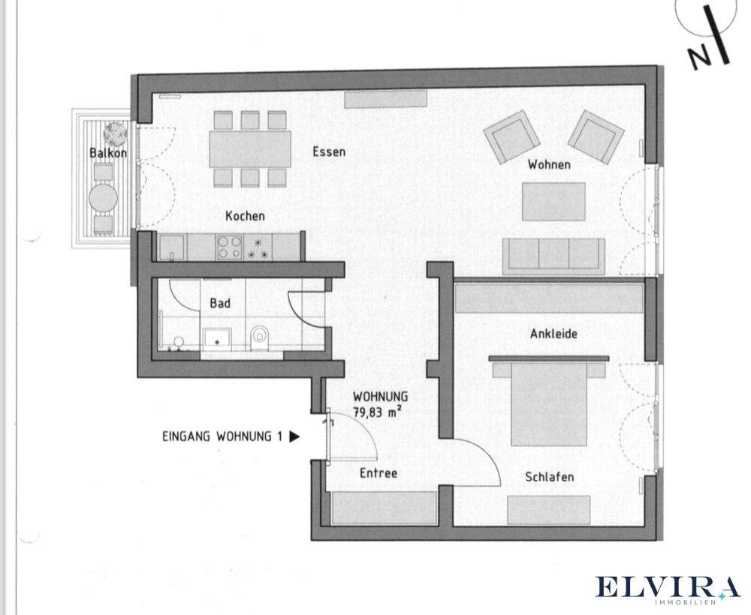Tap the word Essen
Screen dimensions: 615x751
click(329, 151)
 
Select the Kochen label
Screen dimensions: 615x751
click(245, 215)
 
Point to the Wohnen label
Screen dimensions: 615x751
click(548, 164)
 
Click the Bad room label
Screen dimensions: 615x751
click(220, 304)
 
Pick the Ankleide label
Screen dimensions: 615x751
click(553, 334)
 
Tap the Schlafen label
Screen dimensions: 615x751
click(550, 477)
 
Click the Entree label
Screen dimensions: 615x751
click(378, 473)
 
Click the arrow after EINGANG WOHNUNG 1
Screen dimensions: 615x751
click(294, 435)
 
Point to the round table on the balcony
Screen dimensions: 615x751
click(104, 199)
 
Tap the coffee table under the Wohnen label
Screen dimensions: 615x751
click(554, 201)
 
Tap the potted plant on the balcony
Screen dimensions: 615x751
click(116, 133)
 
